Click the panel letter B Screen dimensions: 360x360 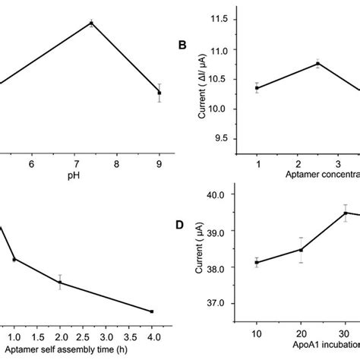[182, 45]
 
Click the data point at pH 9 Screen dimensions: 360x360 [159, 93]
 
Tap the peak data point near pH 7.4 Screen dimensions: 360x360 [91, 24]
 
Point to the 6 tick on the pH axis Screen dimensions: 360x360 [31, 163]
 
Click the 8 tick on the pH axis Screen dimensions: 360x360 [116, 163]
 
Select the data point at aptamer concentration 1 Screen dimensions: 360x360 [257, 87]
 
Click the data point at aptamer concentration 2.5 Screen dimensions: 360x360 [317, 64]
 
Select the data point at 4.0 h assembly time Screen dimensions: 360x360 [152, 311]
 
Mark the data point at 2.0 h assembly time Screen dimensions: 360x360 [60, 283]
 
